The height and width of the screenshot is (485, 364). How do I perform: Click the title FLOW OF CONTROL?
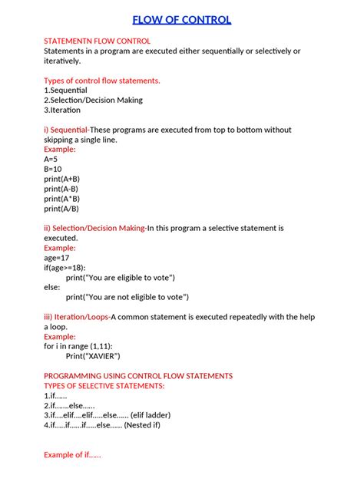click(181, 20)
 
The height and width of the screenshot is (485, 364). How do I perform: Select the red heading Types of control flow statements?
click(102, 81)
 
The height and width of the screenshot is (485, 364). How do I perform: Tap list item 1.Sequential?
click(65, 91)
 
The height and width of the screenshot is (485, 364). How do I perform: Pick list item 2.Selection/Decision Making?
click(93, 101)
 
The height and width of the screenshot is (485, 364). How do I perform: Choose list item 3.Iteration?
click(62, 111)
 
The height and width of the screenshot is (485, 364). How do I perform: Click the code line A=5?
click(51, 159)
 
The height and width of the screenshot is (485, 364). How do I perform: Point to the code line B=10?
click(53, 169)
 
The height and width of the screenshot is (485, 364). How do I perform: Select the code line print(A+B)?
click(61, 179)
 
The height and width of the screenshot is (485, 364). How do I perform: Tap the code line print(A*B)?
click(61, 198)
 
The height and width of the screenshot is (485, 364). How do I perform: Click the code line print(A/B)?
click(61, 208)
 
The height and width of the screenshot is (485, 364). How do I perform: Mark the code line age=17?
click(57, 258)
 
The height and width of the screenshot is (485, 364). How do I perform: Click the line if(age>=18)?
click(65, 268)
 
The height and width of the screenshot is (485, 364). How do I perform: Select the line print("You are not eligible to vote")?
click(127, 297)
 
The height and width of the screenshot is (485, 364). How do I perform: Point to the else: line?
click(52, 287)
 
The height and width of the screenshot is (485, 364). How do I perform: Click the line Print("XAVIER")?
click(93, 356)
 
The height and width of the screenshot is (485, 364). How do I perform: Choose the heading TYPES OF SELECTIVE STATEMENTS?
click(104, 386)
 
